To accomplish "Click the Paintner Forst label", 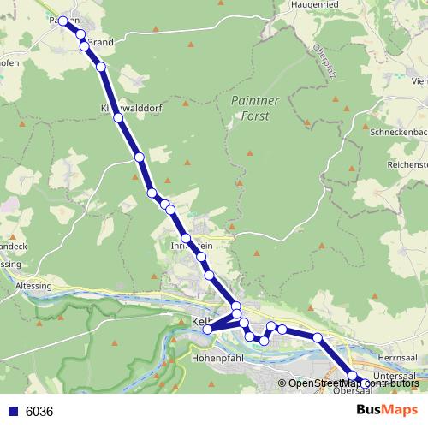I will click(250, 108).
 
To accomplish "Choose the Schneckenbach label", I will click(398, 134).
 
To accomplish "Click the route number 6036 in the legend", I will click(39, 411).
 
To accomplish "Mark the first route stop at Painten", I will click(63, 21).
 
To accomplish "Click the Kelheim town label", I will click(202, 322).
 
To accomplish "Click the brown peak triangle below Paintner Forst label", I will click(250, 152).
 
